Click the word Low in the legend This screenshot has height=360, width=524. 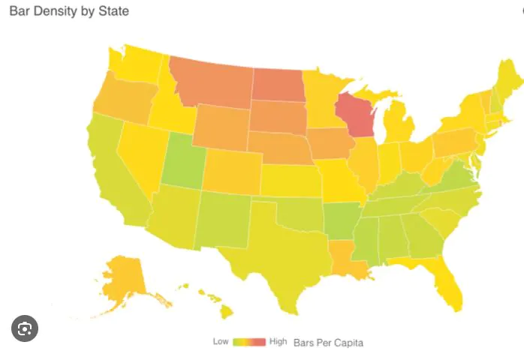click(220, 341)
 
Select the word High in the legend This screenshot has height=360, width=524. click(278, 341)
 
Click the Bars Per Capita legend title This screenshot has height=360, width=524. click(329, 342)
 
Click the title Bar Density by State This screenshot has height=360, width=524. click(68, 11)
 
